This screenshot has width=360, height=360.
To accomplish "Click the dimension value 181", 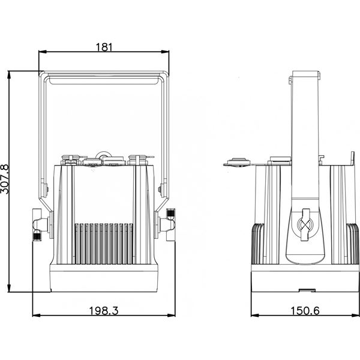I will [x=104, y=47].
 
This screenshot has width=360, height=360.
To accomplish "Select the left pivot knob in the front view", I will [x=40, y=225].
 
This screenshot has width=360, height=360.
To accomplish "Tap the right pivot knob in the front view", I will [x=168, y=224].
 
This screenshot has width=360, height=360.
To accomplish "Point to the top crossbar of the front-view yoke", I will [x=104, y=76].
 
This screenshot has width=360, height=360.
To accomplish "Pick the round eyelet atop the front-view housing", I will [x=105, y=154].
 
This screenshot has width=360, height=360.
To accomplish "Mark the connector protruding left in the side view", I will [x=238, y=161].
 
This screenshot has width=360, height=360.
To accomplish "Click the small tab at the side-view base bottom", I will [x=307, y=290].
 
